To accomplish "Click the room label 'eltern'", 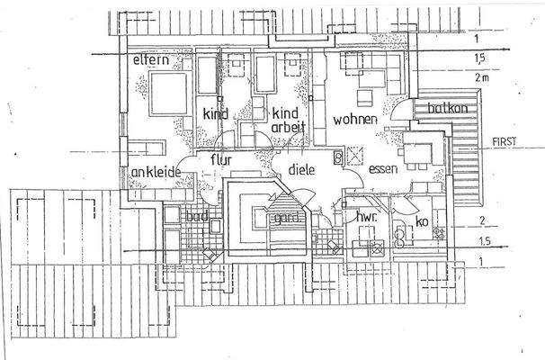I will (x=152, y=59).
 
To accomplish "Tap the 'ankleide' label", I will (x=157, y=172).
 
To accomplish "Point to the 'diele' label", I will (x=301, y=167).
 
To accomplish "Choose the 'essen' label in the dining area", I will (x=383, y=167).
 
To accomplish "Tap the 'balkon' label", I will (x=447, y=109).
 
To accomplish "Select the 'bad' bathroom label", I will (x=199, y=216).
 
